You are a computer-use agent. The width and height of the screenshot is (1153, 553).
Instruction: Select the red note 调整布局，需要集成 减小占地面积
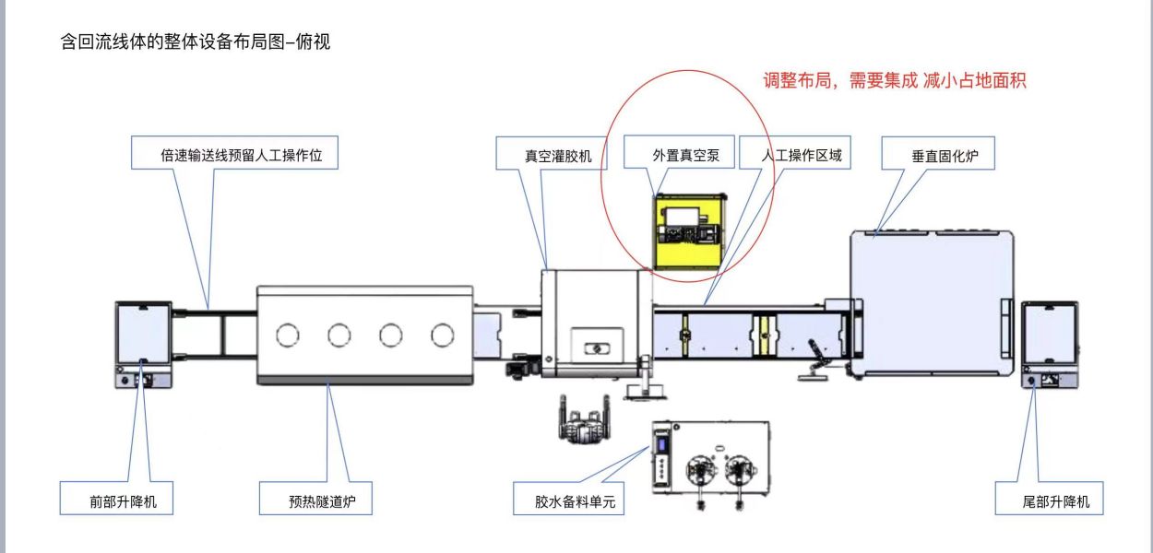(892, 81)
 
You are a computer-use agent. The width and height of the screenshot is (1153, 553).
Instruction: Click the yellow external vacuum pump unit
(689, 230)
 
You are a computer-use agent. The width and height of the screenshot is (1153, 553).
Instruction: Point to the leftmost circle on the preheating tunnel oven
(289, 335)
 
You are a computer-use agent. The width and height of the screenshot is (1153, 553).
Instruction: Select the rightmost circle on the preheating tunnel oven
(444, 335)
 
